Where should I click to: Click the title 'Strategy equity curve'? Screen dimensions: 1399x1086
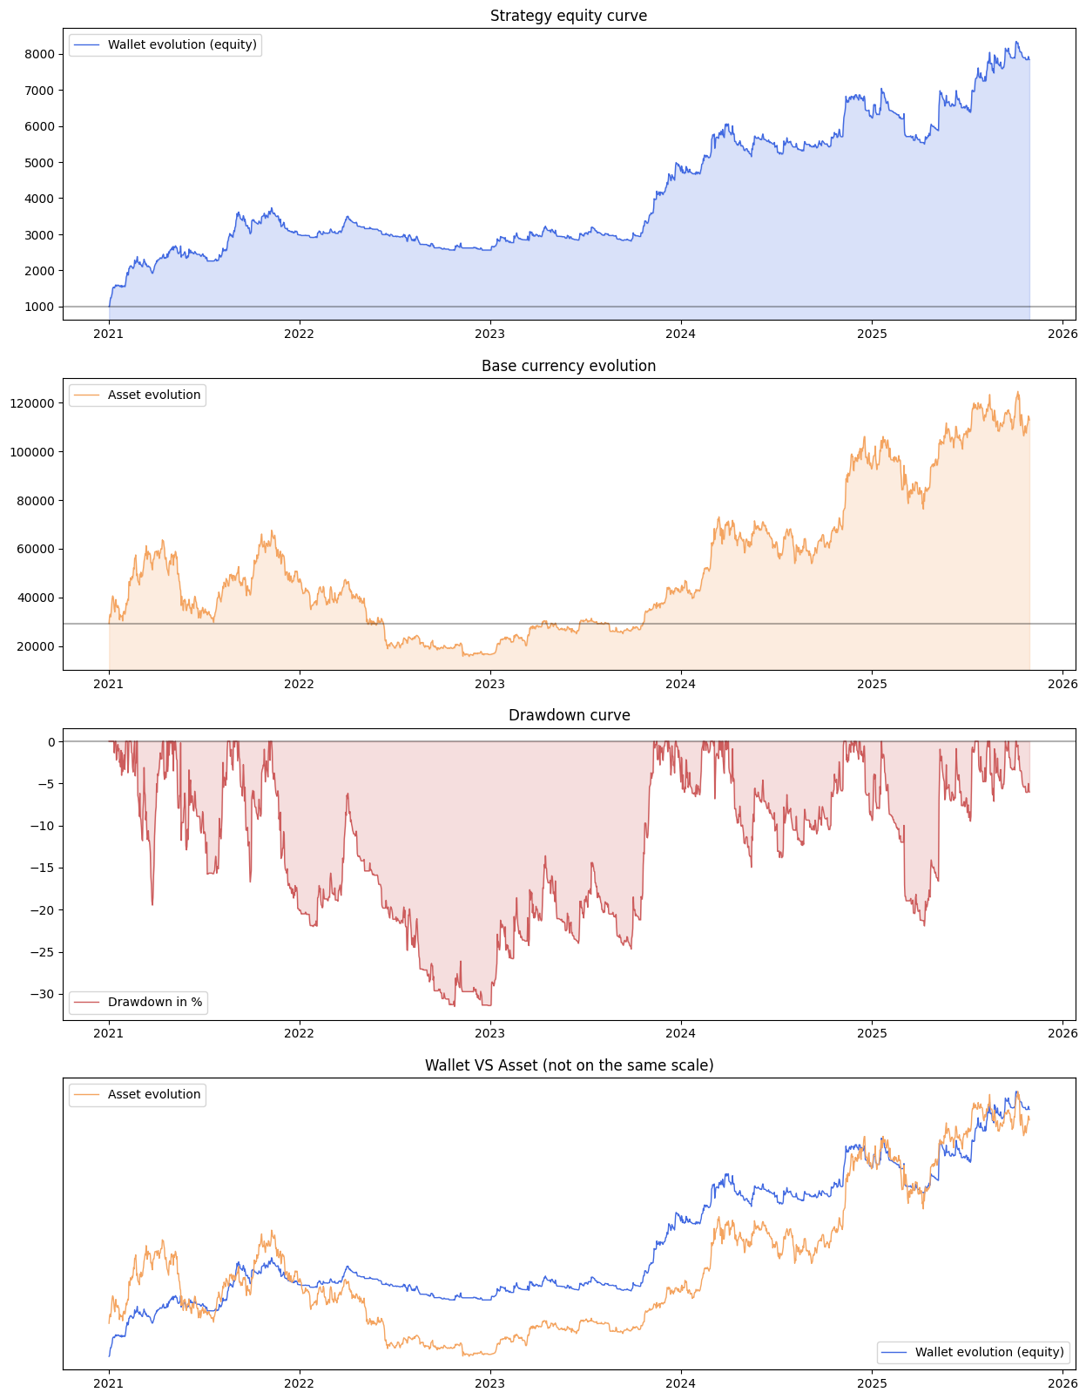tap(569, 16)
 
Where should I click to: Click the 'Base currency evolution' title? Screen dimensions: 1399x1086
tap(569, 366)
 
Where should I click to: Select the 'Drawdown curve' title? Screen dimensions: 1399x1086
tap(569, 715)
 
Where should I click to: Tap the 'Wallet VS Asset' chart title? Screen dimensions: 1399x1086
tap(569, 1065)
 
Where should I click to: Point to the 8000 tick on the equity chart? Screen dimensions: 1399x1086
tap(40, 54)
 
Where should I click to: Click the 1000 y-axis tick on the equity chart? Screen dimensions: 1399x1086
tap(40, 307)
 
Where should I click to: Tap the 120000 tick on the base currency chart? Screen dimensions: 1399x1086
tap(34, 403)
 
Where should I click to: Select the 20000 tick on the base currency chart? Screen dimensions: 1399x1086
tap(37, 646)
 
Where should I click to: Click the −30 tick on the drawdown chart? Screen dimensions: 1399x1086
tap(43, 994)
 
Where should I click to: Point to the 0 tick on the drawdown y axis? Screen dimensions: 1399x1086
tap(51, 742)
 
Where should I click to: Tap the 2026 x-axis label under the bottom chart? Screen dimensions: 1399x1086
tap(1062, 1382)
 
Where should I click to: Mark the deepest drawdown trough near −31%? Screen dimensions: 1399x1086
tap(453, 1005)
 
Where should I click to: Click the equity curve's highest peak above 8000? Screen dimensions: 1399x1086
tap(1015, 42)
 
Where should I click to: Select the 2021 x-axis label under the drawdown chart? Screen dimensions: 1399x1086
tap(108, 1033)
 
